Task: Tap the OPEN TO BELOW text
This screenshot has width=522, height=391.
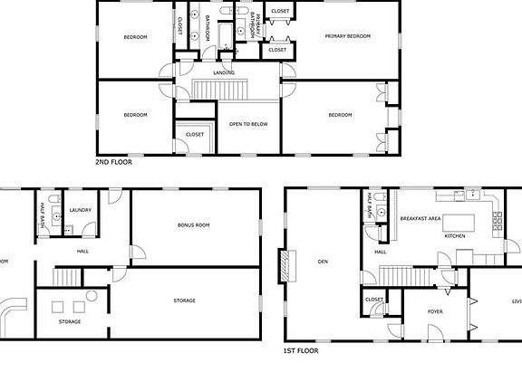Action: coord(246,124)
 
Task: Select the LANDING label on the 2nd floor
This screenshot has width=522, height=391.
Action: coord(224,72)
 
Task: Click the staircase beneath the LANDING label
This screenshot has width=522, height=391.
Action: coord(221,91)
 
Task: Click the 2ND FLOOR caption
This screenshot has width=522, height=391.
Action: coord(113,162)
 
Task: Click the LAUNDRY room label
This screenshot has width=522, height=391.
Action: coord(80,210)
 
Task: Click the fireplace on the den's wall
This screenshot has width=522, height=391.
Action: coord(288,263)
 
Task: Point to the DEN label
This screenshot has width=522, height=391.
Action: coord(323,262)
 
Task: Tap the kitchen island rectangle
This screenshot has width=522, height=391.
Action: coord(454,221)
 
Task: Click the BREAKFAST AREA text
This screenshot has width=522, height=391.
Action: coord(421,218)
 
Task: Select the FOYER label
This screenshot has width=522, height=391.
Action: coord(435,310)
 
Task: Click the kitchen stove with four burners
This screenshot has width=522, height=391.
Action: coord(497,218)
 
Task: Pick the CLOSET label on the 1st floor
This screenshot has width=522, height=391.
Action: coord(374,299)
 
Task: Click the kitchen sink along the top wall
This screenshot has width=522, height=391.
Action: coord(459,195)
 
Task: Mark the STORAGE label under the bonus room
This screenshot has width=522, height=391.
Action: coord(184,300)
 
